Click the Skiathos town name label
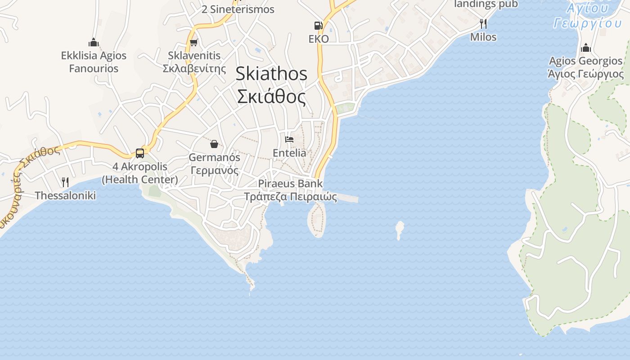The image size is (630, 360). [271, 74]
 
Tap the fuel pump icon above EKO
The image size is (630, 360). [318, 26]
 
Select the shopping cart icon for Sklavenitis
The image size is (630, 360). [193, 43]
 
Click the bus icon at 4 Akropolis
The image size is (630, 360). [140, 153]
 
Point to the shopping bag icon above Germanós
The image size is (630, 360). [214, 144]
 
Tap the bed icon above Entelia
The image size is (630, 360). [289, 139]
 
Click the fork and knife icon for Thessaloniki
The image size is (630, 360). [65, 182]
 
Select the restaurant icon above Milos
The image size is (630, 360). [483, 23]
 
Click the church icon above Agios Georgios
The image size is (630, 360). [585, 47]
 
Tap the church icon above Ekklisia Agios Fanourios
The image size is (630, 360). [94, 42]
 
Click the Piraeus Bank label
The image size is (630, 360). [290, 184]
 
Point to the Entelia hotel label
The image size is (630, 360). [289, 153]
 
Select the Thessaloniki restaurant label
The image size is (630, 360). [65, 196]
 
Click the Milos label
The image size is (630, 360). [483, 37]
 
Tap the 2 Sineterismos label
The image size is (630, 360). [238, 9]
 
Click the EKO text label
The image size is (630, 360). [319, 39]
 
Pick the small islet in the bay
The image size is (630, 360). [399, 229]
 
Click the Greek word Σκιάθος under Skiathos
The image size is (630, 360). [271, 97]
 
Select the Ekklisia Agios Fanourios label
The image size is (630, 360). [94, 62]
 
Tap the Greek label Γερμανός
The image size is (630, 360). [214, 171]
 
